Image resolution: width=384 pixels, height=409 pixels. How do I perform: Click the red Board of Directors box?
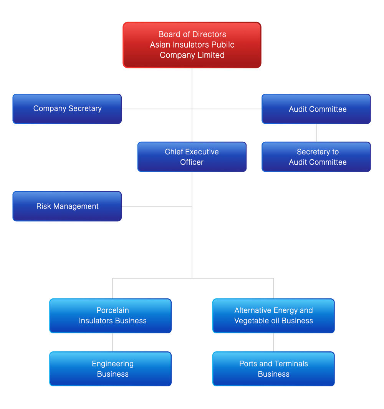192,45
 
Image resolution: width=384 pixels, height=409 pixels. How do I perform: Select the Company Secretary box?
67,109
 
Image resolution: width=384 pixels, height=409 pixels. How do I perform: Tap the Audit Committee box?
316,109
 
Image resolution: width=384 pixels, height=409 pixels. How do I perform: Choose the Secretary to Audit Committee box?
316,157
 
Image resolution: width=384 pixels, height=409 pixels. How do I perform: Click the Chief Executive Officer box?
192,157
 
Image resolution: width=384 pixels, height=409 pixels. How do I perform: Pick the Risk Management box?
67,206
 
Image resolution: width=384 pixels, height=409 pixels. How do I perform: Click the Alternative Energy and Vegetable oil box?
273,316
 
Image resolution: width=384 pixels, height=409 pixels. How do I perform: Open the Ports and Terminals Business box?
273,369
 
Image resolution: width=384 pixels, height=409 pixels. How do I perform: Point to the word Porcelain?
113,310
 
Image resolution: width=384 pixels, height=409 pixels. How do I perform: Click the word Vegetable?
251,321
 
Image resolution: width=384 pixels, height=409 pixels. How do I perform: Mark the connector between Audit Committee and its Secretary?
316,133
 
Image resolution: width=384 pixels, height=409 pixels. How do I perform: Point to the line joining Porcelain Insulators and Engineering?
113,342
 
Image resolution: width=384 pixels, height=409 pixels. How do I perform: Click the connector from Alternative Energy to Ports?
273,342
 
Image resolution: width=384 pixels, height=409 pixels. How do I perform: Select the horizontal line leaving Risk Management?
157,206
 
